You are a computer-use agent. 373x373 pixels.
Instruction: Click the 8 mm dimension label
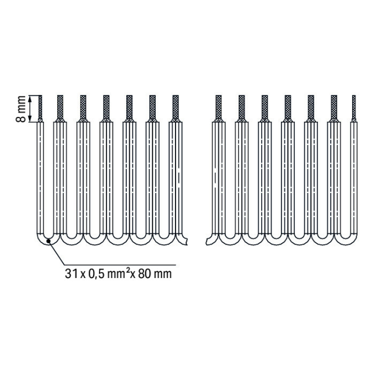21,109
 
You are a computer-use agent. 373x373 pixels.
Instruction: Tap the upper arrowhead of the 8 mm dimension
30,98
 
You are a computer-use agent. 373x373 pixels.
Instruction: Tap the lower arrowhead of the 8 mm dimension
30,119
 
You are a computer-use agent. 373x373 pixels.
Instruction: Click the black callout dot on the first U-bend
49,241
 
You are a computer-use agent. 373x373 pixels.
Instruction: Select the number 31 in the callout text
71,274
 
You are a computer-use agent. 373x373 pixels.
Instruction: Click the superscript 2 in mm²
128,271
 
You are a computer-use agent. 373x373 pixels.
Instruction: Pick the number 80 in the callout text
144,274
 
